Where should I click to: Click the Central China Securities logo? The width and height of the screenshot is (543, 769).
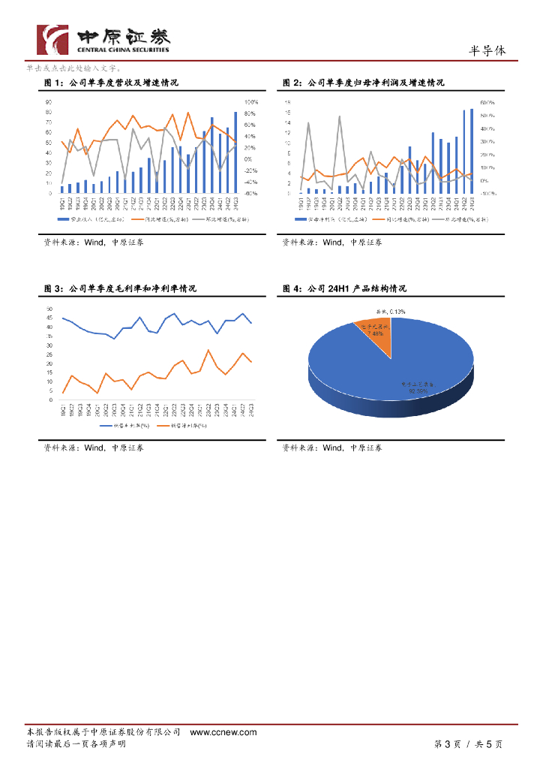(x=103, y=38)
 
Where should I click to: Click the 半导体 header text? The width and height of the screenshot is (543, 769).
(x=487, y=51)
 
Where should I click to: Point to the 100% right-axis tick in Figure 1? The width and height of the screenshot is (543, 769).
(x=251, y=102)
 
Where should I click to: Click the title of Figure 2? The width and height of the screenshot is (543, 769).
(x=364, y=83)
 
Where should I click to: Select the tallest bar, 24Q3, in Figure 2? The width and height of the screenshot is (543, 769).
(x=472, y=151)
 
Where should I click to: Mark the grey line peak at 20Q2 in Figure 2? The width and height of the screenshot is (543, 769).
(x=340, y=117)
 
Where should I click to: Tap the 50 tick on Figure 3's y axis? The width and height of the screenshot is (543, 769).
(x=49, y=309)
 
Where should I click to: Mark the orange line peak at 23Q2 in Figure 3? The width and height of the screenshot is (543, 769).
(x=208, y=351)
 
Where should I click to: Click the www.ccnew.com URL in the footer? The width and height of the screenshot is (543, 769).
(x=223, y=732)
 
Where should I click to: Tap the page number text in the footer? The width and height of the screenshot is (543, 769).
(x=468, y=744)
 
